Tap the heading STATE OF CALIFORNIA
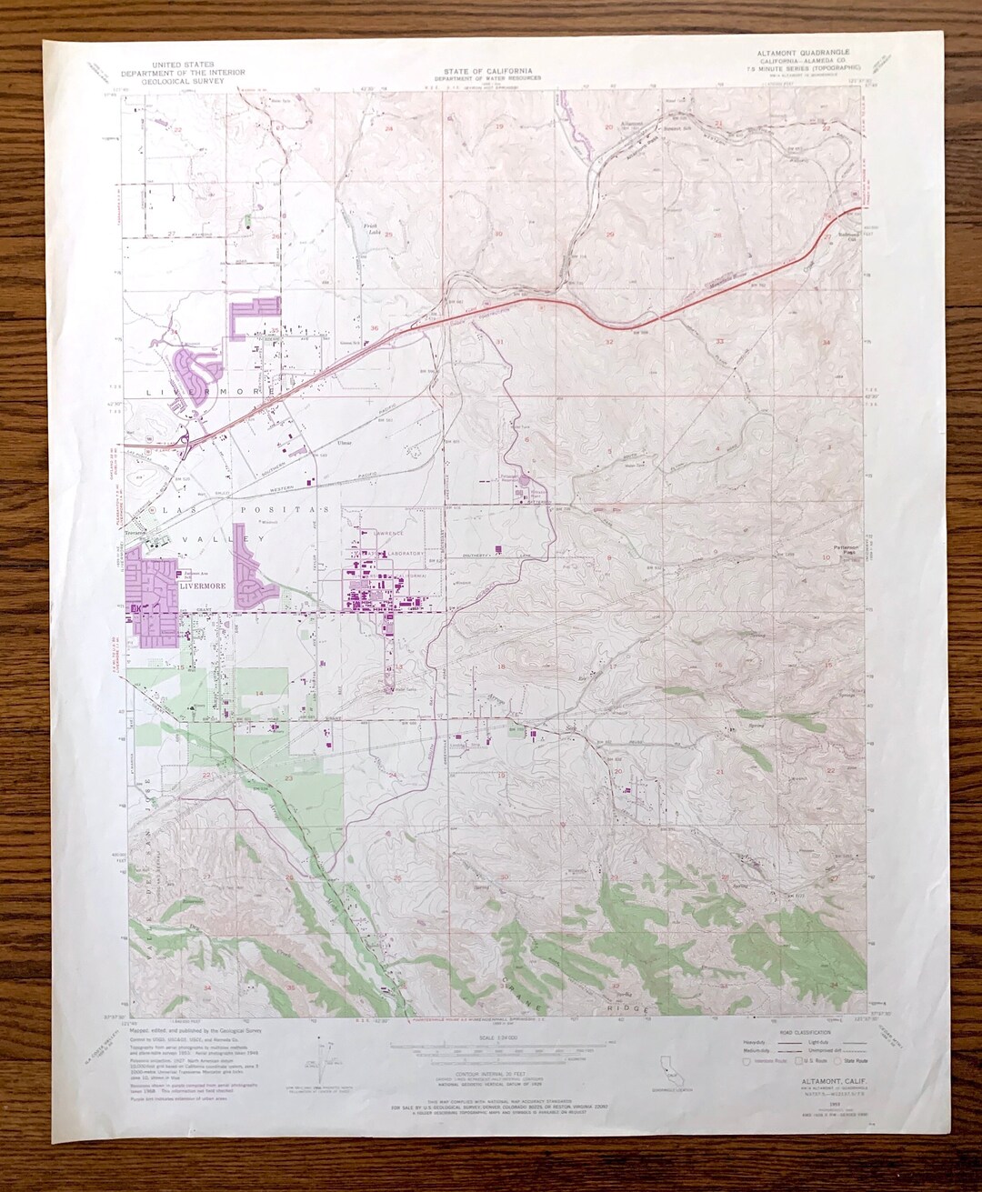pyautogui.click(x=488, y=71)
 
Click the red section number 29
pyautogui.click(x=610, y=235)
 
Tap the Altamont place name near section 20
pyautogui.click(x=631, y=122)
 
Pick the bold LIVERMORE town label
pyautogui.click(x=201, y=586)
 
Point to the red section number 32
pyautogui.click(x=609, y=342)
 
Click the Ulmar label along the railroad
pyautogui.click(x=344, y=443)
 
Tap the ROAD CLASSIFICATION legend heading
pyautogui.click(x=805, y=1033)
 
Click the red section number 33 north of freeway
pyautogui.click(x=720, y=341)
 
